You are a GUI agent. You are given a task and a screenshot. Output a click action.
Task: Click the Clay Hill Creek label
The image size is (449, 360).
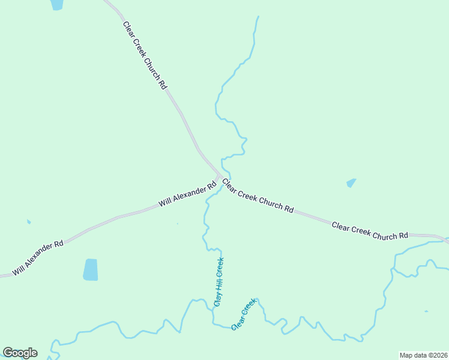tap(219, 282)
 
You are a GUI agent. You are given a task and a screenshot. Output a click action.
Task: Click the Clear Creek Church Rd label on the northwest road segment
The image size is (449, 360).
tap(144, 55)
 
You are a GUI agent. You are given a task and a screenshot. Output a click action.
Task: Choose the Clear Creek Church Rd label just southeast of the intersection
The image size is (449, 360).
tap(258, 196)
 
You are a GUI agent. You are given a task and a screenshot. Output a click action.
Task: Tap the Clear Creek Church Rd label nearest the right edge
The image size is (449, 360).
tap(370, 231)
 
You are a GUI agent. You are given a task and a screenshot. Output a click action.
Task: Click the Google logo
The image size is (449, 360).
tap(20, 353)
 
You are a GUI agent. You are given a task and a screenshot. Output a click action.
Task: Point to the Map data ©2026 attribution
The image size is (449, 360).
tap(423, 355)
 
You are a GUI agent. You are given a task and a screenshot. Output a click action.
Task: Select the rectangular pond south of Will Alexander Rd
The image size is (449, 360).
tap(90, 269)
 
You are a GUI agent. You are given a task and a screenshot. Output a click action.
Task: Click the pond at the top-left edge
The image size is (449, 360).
tap(56, 4)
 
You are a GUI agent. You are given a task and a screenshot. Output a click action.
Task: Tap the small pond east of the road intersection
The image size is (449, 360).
tap(351, 182)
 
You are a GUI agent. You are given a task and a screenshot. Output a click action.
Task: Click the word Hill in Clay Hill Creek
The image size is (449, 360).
tap(219, 282)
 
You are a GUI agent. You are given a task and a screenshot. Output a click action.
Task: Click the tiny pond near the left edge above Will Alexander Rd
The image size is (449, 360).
tap(28, 221)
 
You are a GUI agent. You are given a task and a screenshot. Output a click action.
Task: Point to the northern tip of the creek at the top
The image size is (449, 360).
tap(258, 17)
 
